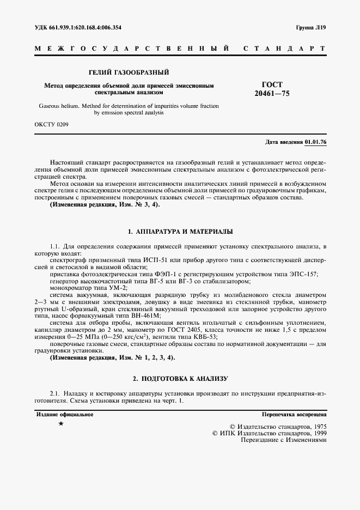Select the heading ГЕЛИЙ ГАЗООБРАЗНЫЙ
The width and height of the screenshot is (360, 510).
coord(129,72)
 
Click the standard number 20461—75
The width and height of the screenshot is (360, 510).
coord(272,94)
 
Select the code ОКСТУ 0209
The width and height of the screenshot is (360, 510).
coord(52,124)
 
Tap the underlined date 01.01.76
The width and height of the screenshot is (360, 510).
coord(315,142)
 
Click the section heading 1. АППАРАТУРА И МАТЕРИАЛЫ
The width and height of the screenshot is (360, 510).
coord(180,232)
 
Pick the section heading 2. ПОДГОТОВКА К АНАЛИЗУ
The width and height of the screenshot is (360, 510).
coord(180,378)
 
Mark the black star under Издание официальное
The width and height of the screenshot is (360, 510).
coord(61,423)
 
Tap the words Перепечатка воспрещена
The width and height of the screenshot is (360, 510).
coord(294,415)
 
